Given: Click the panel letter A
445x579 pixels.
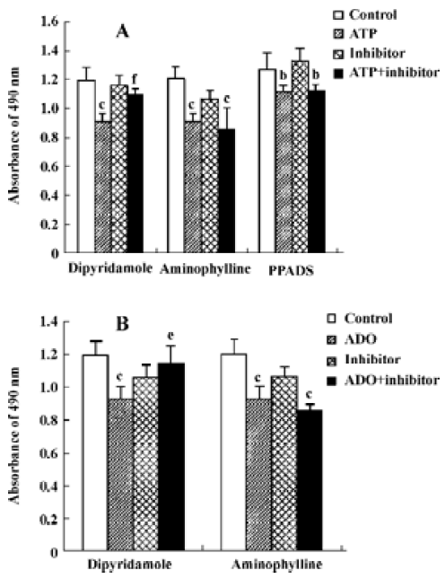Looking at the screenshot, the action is coord(123,31).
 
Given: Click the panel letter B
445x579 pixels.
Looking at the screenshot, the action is coord(123,324).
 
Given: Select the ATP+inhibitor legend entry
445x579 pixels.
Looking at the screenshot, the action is coord(387,73).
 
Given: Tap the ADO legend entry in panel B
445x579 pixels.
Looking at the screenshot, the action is coord(352,338).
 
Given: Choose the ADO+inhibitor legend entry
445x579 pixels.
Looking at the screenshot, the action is coord(383,380).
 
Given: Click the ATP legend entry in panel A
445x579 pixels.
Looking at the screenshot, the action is coord(355,34).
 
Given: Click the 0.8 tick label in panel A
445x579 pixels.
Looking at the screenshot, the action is coord(50,137).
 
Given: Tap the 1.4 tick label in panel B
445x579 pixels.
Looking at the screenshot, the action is coord(49,322).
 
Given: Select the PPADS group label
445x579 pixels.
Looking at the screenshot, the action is coord(291,271).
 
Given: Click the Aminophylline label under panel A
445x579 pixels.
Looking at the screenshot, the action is coord(205,269).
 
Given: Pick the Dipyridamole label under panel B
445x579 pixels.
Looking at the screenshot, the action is coord(129,565).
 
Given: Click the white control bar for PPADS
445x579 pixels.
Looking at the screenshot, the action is coord(267,161).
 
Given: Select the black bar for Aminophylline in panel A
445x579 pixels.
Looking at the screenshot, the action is coord(226,191).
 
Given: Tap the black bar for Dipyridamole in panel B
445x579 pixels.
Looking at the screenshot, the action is coord(171,457).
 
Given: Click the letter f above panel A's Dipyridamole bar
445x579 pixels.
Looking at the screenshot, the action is coord(135,79).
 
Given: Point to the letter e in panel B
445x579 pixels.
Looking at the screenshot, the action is coord(171,336).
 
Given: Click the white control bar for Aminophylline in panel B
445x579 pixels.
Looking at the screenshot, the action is coord(234,452).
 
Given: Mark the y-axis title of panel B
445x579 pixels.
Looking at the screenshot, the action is coord(14,435).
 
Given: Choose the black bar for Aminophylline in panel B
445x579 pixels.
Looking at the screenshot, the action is coord(310,480).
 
